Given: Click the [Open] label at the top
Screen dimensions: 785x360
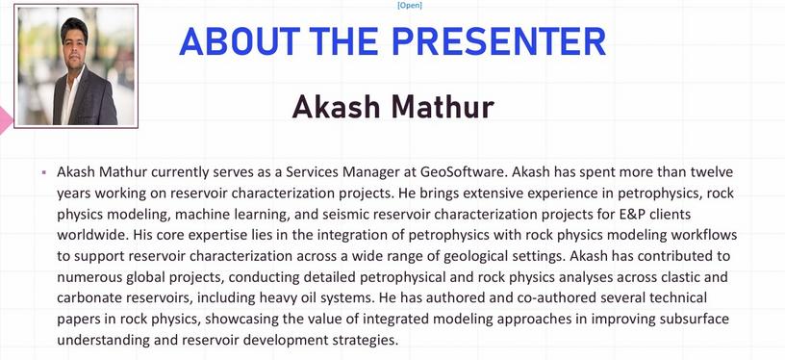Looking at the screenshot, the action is point(409,6).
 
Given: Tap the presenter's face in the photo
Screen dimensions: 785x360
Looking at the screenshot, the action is point(74,44).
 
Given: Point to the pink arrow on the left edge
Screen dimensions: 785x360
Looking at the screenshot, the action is point(5,120).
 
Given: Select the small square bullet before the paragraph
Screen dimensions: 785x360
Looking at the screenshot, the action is point(44,172).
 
